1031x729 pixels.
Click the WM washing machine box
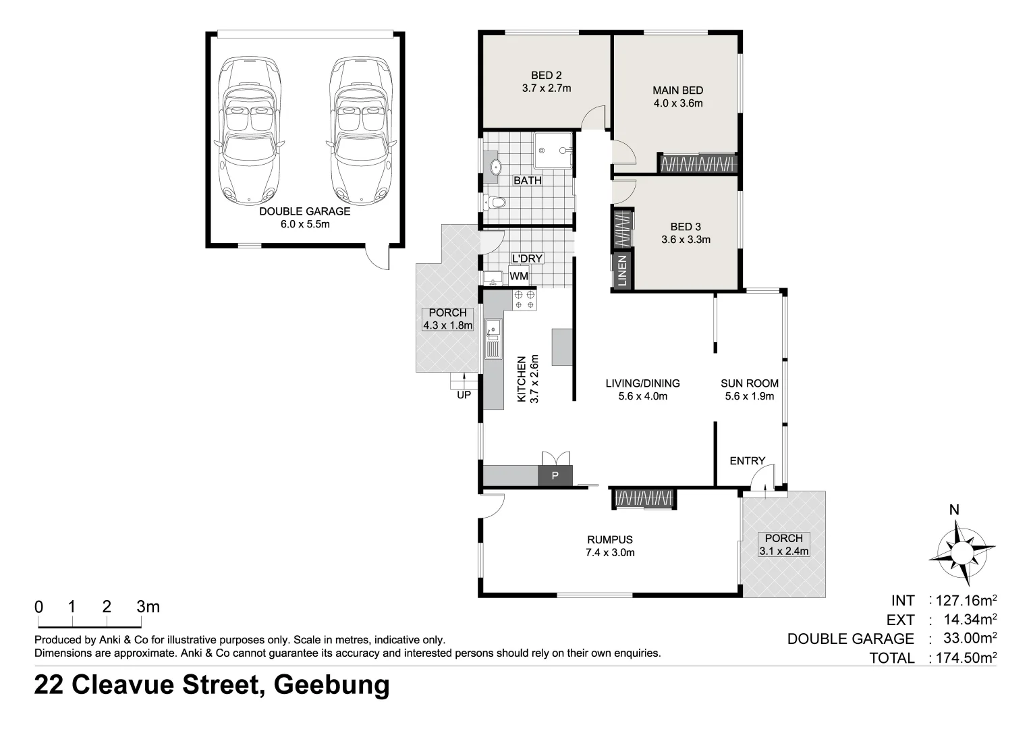tap(519, 276)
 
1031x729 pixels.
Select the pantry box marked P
tap(555, 476)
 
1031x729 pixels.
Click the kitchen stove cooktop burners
tap(524, 300)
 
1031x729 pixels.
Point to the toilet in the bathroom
tap(495, 201)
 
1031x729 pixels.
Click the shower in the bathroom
tap(553, 151)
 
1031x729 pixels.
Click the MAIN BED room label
tap(677, 90)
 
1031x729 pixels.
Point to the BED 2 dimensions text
tap(546, 88)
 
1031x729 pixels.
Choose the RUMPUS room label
tap(609, 539)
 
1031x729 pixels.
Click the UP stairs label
tap(464, 395)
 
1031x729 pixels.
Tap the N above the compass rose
tap(954, 510)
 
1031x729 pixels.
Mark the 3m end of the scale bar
tap(148, 607)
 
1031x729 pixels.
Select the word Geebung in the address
tap(332, 685)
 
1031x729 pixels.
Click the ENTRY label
tap(747, 461)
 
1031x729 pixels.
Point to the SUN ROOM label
tap(749, 383)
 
